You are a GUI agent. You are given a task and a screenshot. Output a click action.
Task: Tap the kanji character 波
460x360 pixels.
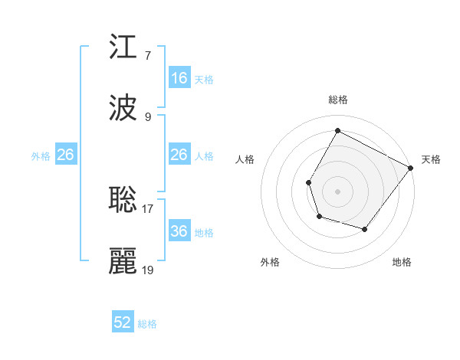[123, 107]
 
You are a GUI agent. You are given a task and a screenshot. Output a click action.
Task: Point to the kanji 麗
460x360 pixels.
[123, 261]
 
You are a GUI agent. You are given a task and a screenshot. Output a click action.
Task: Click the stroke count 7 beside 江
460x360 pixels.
[147, 55]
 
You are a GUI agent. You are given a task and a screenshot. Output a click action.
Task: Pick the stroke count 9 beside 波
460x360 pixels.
[147, 117]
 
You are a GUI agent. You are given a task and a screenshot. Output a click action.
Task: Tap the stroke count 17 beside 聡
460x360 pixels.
[147, 208]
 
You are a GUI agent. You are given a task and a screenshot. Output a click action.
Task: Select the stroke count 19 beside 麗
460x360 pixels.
[147, 270]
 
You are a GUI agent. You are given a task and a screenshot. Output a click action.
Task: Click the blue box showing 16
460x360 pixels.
[179, 77]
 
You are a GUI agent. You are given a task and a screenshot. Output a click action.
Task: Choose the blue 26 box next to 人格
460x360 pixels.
[179, 155]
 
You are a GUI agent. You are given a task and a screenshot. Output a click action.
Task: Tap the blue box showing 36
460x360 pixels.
[179, 231]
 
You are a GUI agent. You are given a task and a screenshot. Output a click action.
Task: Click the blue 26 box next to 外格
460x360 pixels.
[66, 155]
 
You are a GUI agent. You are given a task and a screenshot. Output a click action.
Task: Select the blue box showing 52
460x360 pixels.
[123, 322]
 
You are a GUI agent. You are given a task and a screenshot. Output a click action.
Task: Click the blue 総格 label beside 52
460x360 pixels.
[147, 324]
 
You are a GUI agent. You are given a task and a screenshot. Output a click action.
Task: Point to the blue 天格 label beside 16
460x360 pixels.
[204, 79]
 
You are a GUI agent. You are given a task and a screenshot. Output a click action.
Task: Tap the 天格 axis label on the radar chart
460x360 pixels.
[431, 159]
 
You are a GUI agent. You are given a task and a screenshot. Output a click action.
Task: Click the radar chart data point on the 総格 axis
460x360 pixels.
[337, 131]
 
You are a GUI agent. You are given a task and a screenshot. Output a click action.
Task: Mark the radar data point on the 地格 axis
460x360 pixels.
[365, 229]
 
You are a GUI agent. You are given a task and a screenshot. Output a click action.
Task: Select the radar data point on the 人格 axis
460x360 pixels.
[308, 182]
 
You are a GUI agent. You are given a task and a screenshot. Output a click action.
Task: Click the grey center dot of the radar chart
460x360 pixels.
[337, 191]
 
